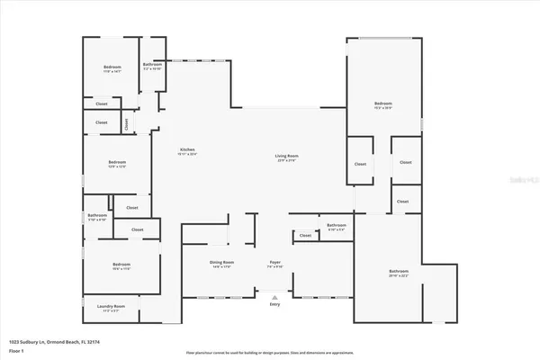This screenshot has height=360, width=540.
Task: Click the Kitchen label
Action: (x=187, y=149)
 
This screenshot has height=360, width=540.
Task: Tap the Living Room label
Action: (x=286, y=156)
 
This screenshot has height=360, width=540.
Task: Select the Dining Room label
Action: (x=221, y=264)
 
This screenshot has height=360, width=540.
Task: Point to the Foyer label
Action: (x=275, y=264)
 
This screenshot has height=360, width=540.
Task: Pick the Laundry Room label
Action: (x=112, y=307)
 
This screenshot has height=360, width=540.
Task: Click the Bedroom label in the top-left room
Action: (x=112, y=67)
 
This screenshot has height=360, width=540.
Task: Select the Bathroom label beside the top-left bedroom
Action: (x=152, y=64)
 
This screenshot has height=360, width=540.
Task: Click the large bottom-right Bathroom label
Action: (x=398, y=271)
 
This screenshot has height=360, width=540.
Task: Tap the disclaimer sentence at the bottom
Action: (x=270, y=352)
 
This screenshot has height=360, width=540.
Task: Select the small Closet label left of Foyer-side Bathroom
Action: (x=305, y=236)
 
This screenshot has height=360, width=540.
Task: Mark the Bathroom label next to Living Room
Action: (x=337, y=225)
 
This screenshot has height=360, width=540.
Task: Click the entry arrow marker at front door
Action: (x=275, y=293)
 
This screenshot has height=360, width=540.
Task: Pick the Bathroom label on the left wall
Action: (x=97, y=215)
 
